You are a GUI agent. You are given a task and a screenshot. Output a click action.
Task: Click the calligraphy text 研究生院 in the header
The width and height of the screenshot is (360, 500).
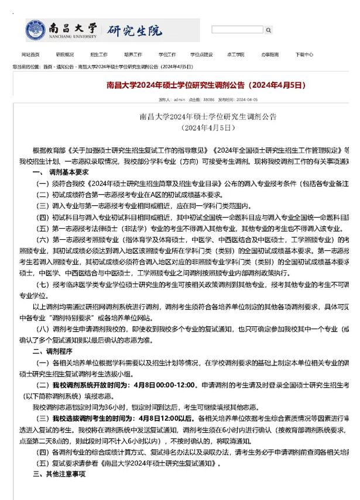coord(134,30)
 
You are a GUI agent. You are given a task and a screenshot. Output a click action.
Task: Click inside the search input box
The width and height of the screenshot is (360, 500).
coord(236,30)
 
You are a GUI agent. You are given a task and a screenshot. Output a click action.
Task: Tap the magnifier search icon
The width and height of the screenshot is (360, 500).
coord(268,30)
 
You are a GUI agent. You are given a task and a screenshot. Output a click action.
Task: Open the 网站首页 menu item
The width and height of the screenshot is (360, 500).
coord(30,54)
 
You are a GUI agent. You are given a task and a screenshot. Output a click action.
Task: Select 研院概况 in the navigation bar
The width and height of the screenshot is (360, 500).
coord(64,54)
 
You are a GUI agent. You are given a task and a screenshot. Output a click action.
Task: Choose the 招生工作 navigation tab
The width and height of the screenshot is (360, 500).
coord(98,54)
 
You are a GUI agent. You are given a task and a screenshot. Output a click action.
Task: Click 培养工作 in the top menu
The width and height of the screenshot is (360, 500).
coord(132,54)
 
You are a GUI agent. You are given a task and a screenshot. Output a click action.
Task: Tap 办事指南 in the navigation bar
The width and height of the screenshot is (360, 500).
coord(270,54)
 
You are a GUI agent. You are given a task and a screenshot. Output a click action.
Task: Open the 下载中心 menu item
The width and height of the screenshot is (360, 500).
coord(304,54)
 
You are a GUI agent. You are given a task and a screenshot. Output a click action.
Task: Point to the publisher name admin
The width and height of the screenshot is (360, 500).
coord(179,100)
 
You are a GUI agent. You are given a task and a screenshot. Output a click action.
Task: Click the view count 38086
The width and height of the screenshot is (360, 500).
coord(209,100)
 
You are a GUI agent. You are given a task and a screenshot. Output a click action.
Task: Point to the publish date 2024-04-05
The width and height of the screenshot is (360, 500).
coord(247,100)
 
